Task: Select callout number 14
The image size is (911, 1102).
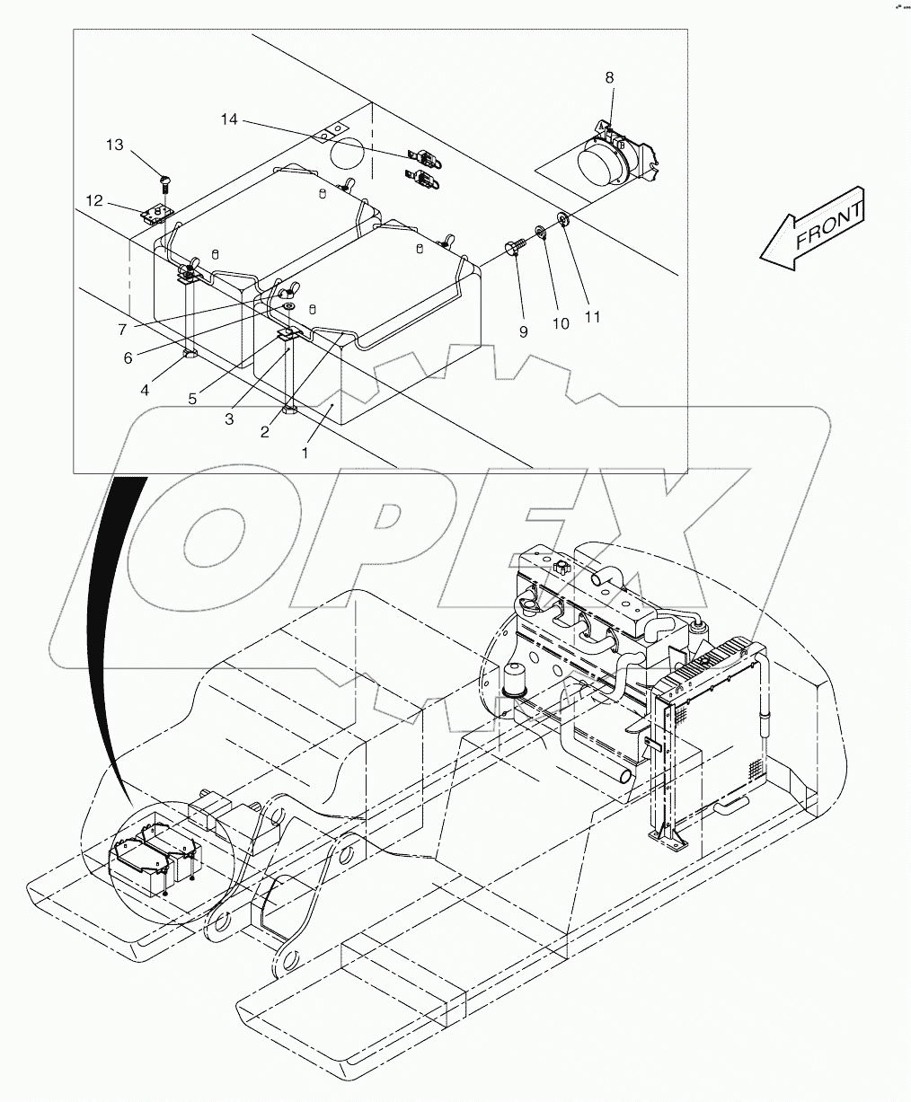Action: click(231, 119)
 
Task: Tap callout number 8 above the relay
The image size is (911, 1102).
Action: click(609, 78)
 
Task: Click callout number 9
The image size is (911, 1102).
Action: click(523, 331)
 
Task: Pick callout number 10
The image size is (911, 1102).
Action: click(561, 323)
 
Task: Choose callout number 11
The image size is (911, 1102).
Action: click(591, 316)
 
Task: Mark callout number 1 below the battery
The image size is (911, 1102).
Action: click(305, 453)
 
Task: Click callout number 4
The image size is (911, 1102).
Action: click(145, 390)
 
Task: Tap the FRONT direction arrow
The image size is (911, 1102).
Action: click(813, 230)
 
